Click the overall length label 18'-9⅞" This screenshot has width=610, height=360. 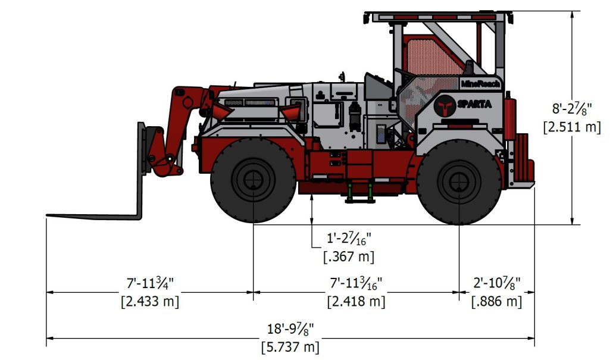(290, 328)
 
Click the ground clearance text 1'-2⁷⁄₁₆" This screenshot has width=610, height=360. (349, 239)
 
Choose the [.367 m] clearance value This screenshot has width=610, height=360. (349, 256)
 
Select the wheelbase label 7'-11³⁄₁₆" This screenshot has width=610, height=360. (356, 283)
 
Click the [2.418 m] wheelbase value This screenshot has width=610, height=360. (356, 300)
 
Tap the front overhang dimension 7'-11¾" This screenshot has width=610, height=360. (149, 283)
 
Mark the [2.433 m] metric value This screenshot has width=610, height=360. (149, 300)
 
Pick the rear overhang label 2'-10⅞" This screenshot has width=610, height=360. (497, 283)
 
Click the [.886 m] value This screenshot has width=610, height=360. (497, 300)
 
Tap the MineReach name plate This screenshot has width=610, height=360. (480, 84)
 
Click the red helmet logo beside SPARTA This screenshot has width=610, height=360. (445, 105)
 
